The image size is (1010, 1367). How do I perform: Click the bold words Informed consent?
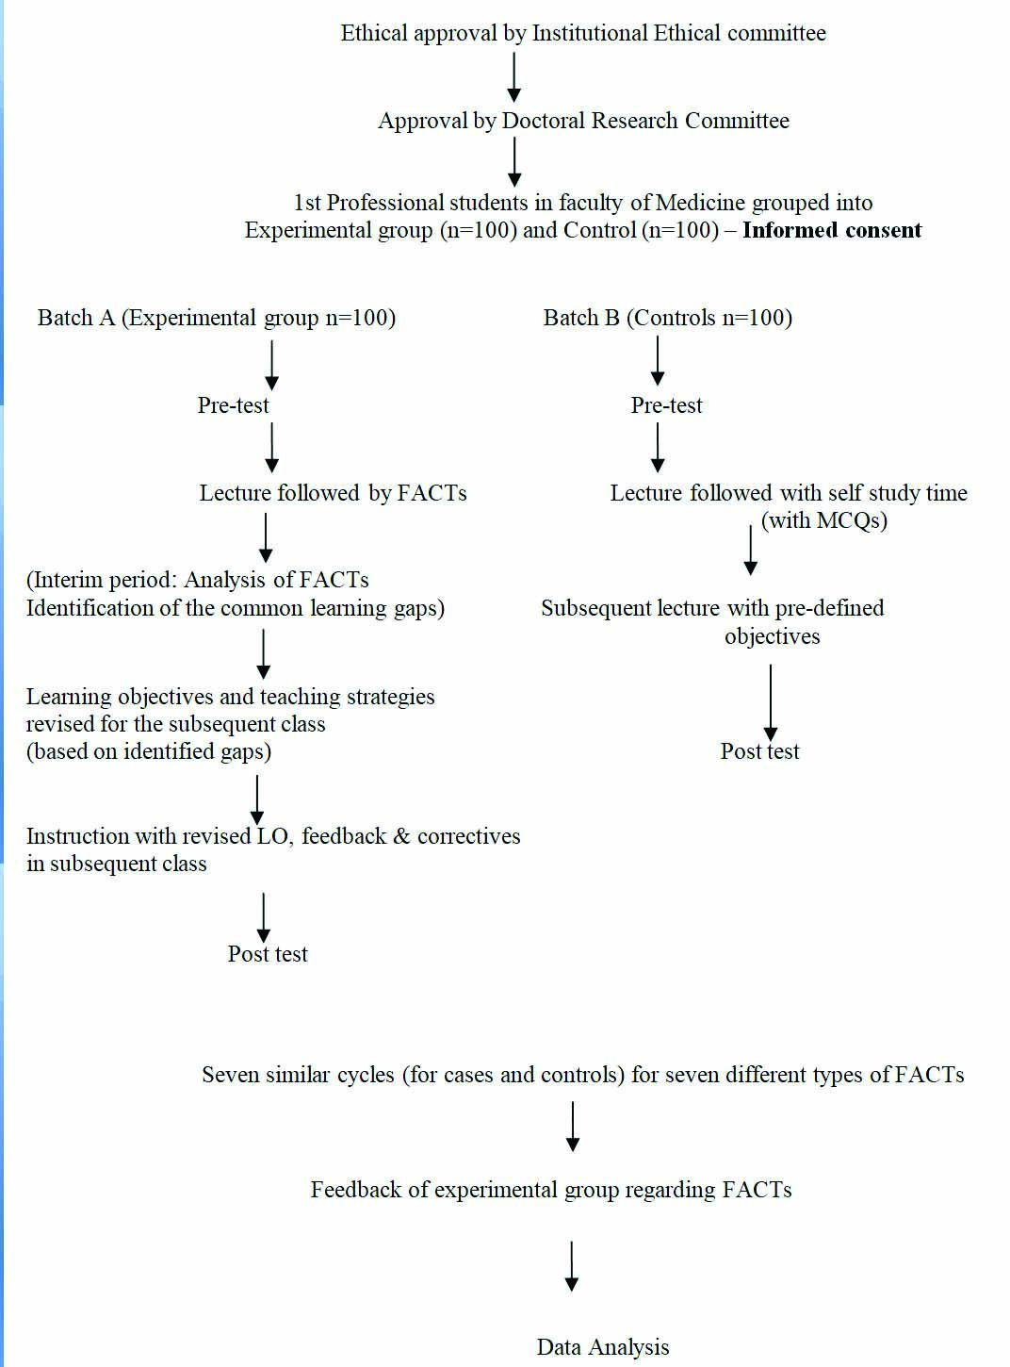(832, 230)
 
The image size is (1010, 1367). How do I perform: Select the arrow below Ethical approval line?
(514, 76)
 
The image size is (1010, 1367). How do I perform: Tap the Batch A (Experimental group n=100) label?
(217, 318)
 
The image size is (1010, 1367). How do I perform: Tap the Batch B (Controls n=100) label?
(667, 318)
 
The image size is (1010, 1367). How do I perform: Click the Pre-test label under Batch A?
(233, 405)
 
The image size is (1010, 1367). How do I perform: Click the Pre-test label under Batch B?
(666, 405)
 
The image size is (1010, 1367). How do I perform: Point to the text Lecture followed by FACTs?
(333, 493)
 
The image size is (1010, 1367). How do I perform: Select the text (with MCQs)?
(824, 520)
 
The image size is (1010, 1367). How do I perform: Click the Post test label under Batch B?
(759, 751)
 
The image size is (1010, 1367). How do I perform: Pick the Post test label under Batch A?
(268, 954)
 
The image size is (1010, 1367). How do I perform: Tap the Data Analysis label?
(603, 1347)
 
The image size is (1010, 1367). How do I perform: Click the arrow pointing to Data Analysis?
(572, 1266)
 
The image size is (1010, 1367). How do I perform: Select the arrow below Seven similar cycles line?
(573, 1126)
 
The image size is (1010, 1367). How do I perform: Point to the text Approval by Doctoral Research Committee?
(583, 121)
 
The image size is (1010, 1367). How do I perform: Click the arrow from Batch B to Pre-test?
(658, 361)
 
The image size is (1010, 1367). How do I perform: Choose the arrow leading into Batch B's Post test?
(771, 702)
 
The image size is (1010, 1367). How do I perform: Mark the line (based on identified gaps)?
(149, 751)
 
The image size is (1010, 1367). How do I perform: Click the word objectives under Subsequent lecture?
(772, 636)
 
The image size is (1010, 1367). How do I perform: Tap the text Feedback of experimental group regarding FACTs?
(551, 1190)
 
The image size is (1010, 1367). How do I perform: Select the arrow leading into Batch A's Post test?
(264, 917)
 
